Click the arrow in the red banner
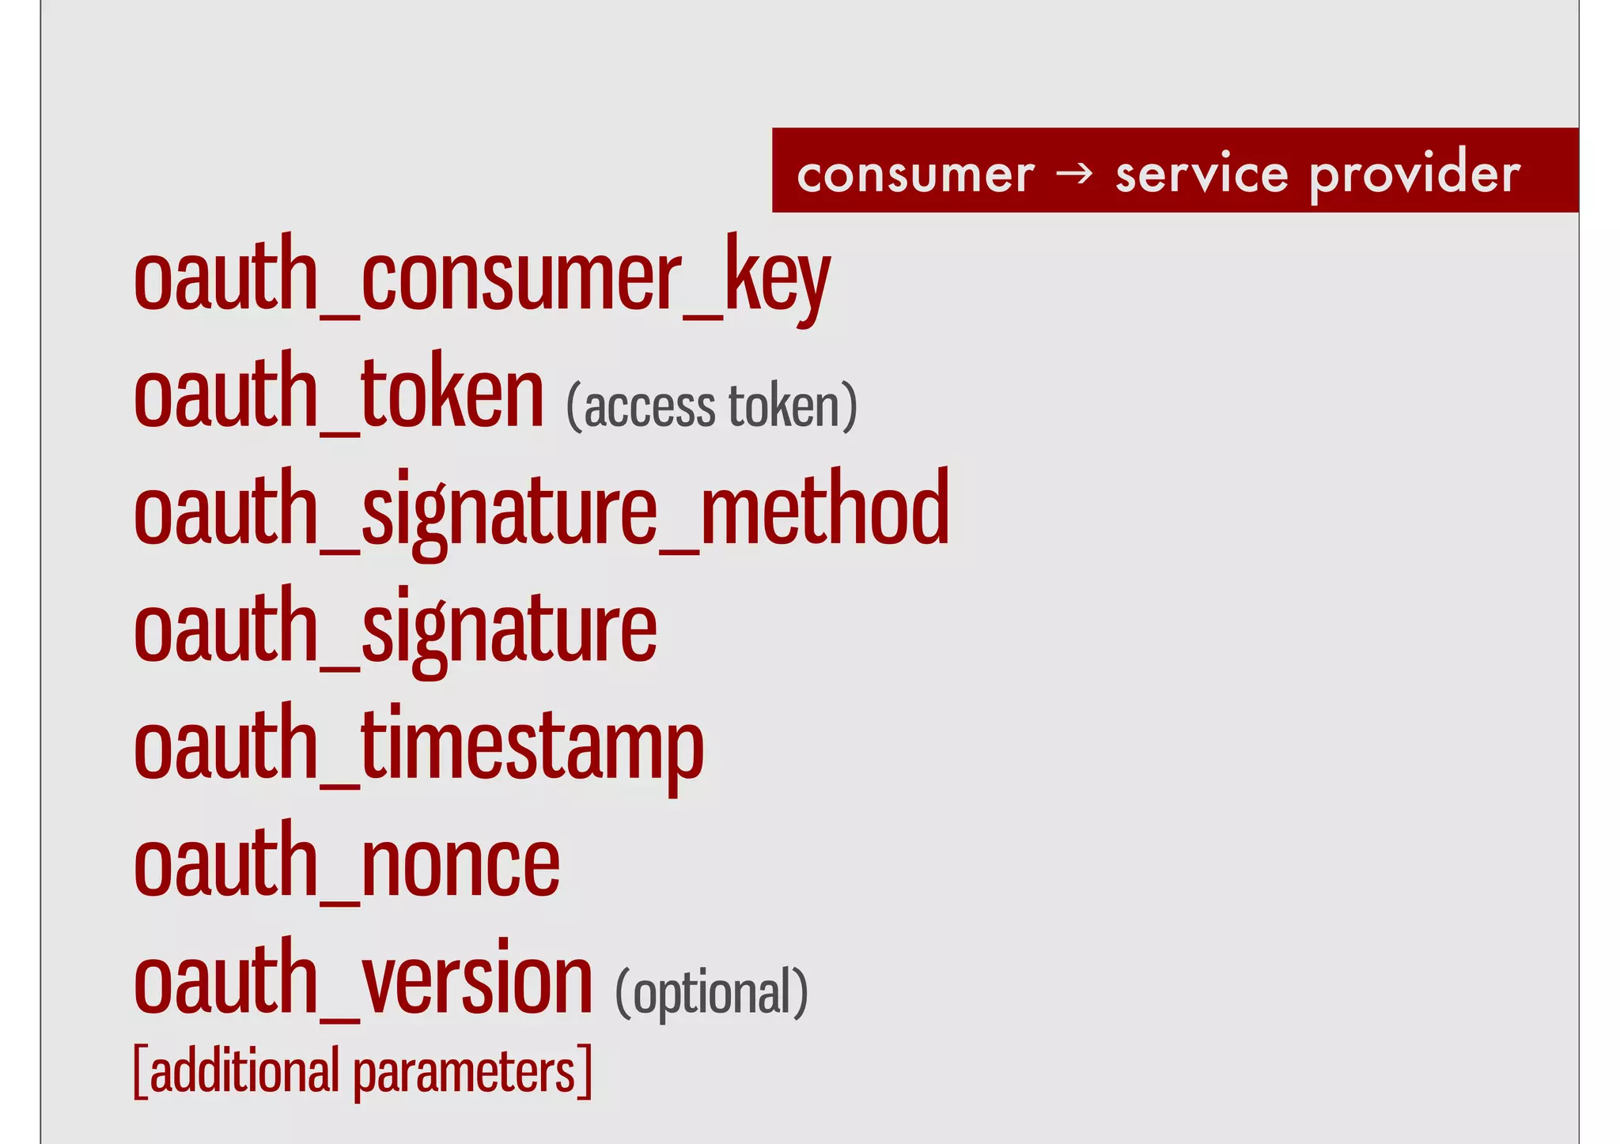pos(1075,172)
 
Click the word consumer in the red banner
pos(915,174)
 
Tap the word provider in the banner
pos(1414,174)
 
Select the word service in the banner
pos(1202,174)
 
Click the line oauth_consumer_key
pos(481,277)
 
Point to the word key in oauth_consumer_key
pos(777,278)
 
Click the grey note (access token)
pos(711,406)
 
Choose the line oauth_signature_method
pos(541,510)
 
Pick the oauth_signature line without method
pos(395,628)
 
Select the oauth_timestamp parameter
pos(418,745)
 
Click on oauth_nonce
pos(346,862)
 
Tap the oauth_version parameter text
pos(362,979)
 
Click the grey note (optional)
pos(711,993)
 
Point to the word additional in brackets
pos(244,1071)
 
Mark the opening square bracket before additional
pos(140,1071)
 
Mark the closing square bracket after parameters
pos(585,1071)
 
